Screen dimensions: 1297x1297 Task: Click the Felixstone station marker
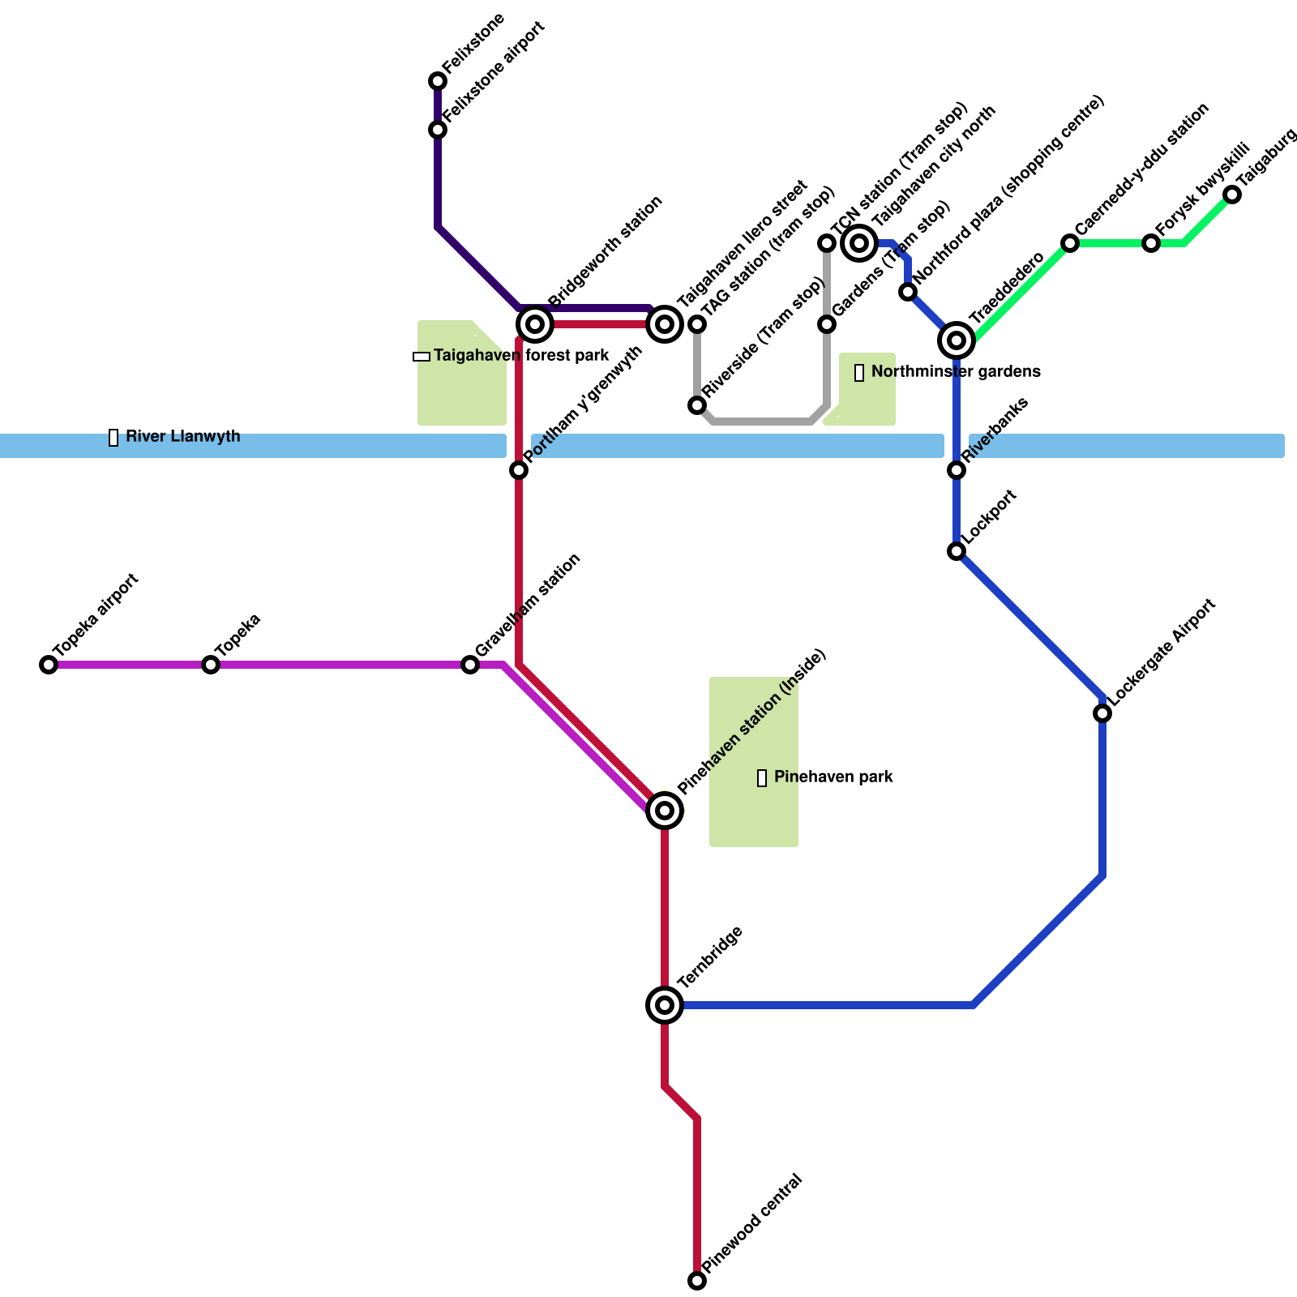click(438, 81)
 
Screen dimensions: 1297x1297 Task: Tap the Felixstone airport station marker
click(438, 130)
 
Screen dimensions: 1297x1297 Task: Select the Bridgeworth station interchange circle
click(535, 324)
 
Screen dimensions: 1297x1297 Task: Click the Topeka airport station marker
click(49, 665)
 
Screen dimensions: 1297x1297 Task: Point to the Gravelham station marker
click(470, 665)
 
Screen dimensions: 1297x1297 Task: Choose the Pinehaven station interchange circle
click(665, 810)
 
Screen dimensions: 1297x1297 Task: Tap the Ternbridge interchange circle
click(665, 1005)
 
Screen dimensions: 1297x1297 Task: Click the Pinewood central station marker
click(697, 1281)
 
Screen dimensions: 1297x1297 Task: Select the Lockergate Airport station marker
click(1102, 713)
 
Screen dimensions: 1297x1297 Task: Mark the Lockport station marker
click(957, 551)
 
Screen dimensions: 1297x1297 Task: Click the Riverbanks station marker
click(957, 470)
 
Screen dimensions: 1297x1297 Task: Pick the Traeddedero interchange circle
click(957, 340)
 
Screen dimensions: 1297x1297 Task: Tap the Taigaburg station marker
click(1232, 195)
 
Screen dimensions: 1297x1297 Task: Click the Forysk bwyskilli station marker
click(1151, 243)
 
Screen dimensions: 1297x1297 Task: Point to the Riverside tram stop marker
click(697, 405)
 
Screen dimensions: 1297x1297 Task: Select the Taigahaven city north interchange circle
click(859, 242)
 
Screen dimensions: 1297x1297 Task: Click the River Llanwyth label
click(182, 437)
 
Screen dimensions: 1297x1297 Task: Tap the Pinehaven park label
click(833, 777)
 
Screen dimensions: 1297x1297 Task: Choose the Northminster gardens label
click(955, 372)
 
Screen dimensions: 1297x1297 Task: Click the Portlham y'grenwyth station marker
click(519, 470)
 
